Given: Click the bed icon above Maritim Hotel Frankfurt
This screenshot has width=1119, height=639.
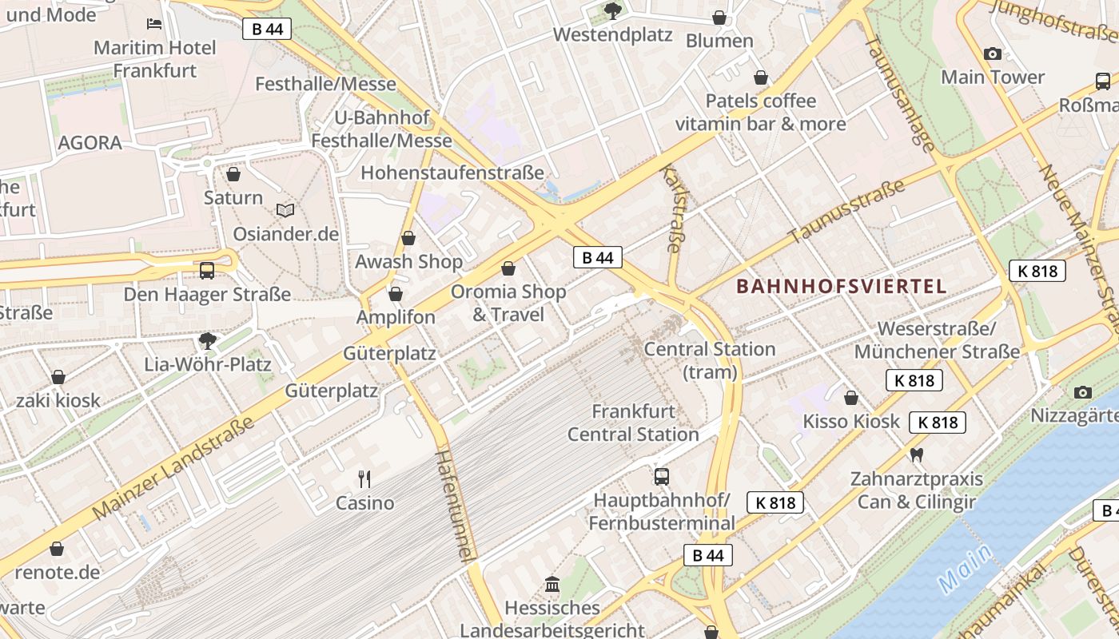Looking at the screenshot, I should tap(154, 24).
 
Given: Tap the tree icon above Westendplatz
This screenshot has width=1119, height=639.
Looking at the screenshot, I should tap(612, 10).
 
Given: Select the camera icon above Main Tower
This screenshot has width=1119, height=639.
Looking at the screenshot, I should tap(993, 54).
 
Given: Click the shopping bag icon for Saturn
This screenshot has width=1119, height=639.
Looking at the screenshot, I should tap(233, 173).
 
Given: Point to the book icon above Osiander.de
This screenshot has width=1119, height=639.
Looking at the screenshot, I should tap(285, 210).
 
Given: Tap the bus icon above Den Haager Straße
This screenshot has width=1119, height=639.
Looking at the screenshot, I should tap(207, 270).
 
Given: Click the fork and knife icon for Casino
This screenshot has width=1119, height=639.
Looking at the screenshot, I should tap(364, 478).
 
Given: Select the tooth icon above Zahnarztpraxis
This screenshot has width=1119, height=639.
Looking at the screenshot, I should tap(917, 454).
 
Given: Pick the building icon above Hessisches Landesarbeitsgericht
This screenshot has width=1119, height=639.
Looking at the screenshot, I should tap(552, 584).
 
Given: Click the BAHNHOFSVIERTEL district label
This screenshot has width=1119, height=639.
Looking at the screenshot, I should tap(841, 286).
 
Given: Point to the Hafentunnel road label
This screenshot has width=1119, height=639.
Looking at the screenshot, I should tap(456, 506).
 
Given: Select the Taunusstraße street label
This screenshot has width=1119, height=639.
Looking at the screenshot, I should tap(846, 211).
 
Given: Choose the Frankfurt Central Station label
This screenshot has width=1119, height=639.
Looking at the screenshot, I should tap(633, 423).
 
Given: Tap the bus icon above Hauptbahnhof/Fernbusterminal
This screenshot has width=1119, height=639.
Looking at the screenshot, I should tap(661, 477).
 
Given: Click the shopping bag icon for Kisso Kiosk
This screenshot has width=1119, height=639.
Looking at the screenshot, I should tap(851, 397).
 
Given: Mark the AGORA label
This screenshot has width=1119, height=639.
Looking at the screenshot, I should tap(90, 143).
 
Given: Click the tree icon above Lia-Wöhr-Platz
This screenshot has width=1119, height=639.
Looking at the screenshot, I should tap(208, 341).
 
